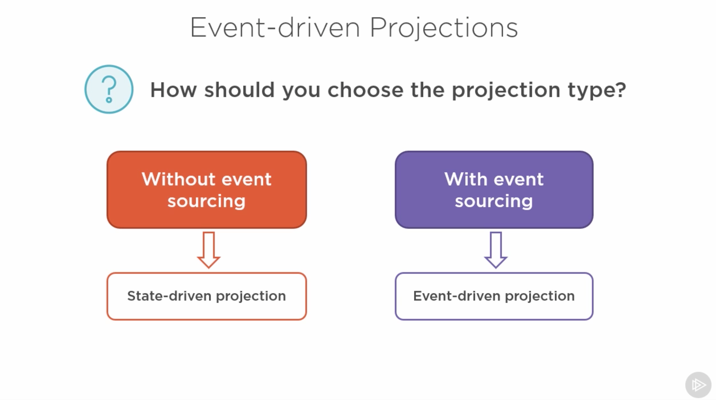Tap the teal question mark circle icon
tap(109, 89)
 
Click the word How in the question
tap(173, 90)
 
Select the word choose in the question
tap(365, 90)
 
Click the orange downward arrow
tap(209, 250)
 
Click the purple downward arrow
tap(496, 250)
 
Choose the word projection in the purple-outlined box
tap(540, 297)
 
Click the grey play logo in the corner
tap(698, 385)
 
